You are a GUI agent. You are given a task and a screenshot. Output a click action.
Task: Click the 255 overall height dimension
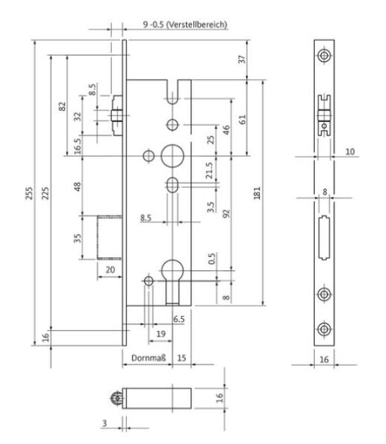29,193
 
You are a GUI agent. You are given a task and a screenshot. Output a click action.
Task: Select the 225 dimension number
45,193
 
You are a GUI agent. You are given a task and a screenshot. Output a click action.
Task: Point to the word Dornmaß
148,358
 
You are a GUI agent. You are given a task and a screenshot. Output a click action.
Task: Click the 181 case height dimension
257,193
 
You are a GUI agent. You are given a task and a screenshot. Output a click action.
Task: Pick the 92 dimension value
226,214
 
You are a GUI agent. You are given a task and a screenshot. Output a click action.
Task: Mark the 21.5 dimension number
209,170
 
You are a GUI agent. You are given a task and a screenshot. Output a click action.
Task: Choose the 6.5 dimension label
179,319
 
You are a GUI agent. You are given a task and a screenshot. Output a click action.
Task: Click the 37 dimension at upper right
242,59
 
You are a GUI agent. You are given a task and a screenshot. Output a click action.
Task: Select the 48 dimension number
77,186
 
